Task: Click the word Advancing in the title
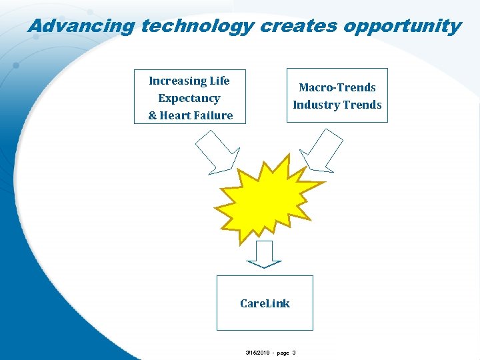(x=81, y=26)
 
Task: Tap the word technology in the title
(x=198, y=26)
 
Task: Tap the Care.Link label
(x=265, y=303)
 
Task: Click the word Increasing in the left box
(x=177, y=81)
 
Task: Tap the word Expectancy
(x=189, y=98)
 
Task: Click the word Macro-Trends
(x=337, y=87)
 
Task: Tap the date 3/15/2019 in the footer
(x=257, y=352)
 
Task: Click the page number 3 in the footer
(x=294, y=352)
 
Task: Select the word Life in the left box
(x=219, y=81)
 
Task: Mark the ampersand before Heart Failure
(x=152, y=115)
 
